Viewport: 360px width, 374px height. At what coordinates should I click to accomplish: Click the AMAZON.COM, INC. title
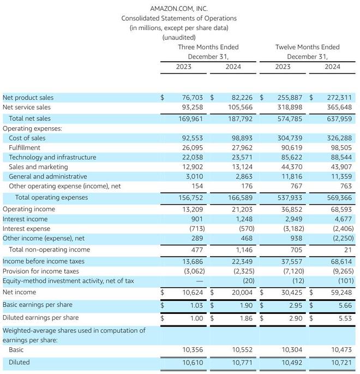coord(179,9)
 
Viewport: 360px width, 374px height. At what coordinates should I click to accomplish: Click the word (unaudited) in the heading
coord(179,37)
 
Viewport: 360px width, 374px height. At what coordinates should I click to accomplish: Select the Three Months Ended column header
coord(208,47)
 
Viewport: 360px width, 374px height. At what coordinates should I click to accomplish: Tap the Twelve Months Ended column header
coord(307,47)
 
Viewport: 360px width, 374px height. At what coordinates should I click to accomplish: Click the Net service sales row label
coord(27,108)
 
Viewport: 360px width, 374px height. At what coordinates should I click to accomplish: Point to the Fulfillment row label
coord(25,147)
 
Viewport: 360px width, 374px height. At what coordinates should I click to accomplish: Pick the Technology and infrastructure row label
coord(52,157)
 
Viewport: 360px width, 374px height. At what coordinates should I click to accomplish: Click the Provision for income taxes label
coord(41,271)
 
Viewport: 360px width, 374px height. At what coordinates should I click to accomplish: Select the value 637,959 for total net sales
coord(340,118)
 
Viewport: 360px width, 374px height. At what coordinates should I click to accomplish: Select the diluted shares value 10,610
coord(193,362)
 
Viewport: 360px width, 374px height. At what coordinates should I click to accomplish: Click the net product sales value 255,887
coord(290,98)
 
